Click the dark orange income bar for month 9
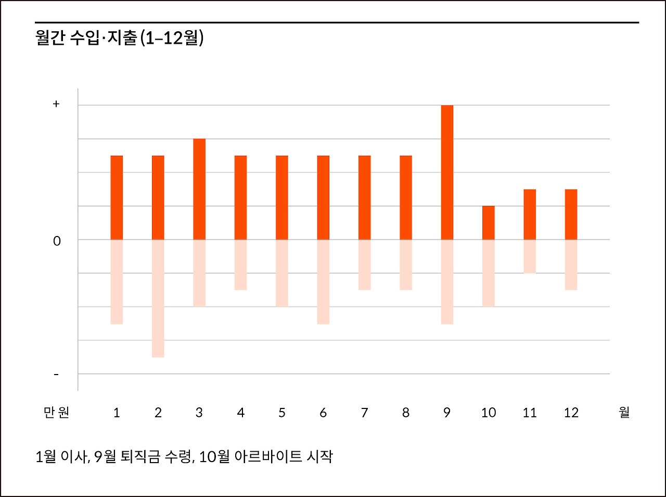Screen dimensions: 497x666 pos(447,172)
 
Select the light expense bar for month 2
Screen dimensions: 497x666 pos(158,298)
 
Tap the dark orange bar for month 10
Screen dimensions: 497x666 pos(489,222)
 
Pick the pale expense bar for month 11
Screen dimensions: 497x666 pos(530,256)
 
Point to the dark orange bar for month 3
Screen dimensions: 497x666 pos(199,189)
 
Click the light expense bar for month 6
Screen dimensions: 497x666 pos(323,281)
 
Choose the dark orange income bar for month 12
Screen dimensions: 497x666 pos(571,214)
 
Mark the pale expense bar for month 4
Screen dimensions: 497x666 pos(240,264)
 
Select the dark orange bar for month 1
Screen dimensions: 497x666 pos(117,197)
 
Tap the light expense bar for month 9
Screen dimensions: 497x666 pos(447,281)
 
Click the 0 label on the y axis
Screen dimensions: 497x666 pos(57,241)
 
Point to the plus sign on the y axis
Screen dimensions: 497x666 pos(56,104)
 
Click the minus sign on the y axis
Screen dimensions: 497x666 pos(56,375)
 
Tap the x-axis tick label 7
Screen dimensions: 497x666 pos(364,413)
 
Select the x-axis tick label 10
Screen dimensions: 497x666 pos(489,413)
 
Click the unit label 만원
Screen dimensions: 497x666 pos(56,413)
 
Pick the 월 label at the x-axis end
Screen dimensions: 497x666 pos(624,413)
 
